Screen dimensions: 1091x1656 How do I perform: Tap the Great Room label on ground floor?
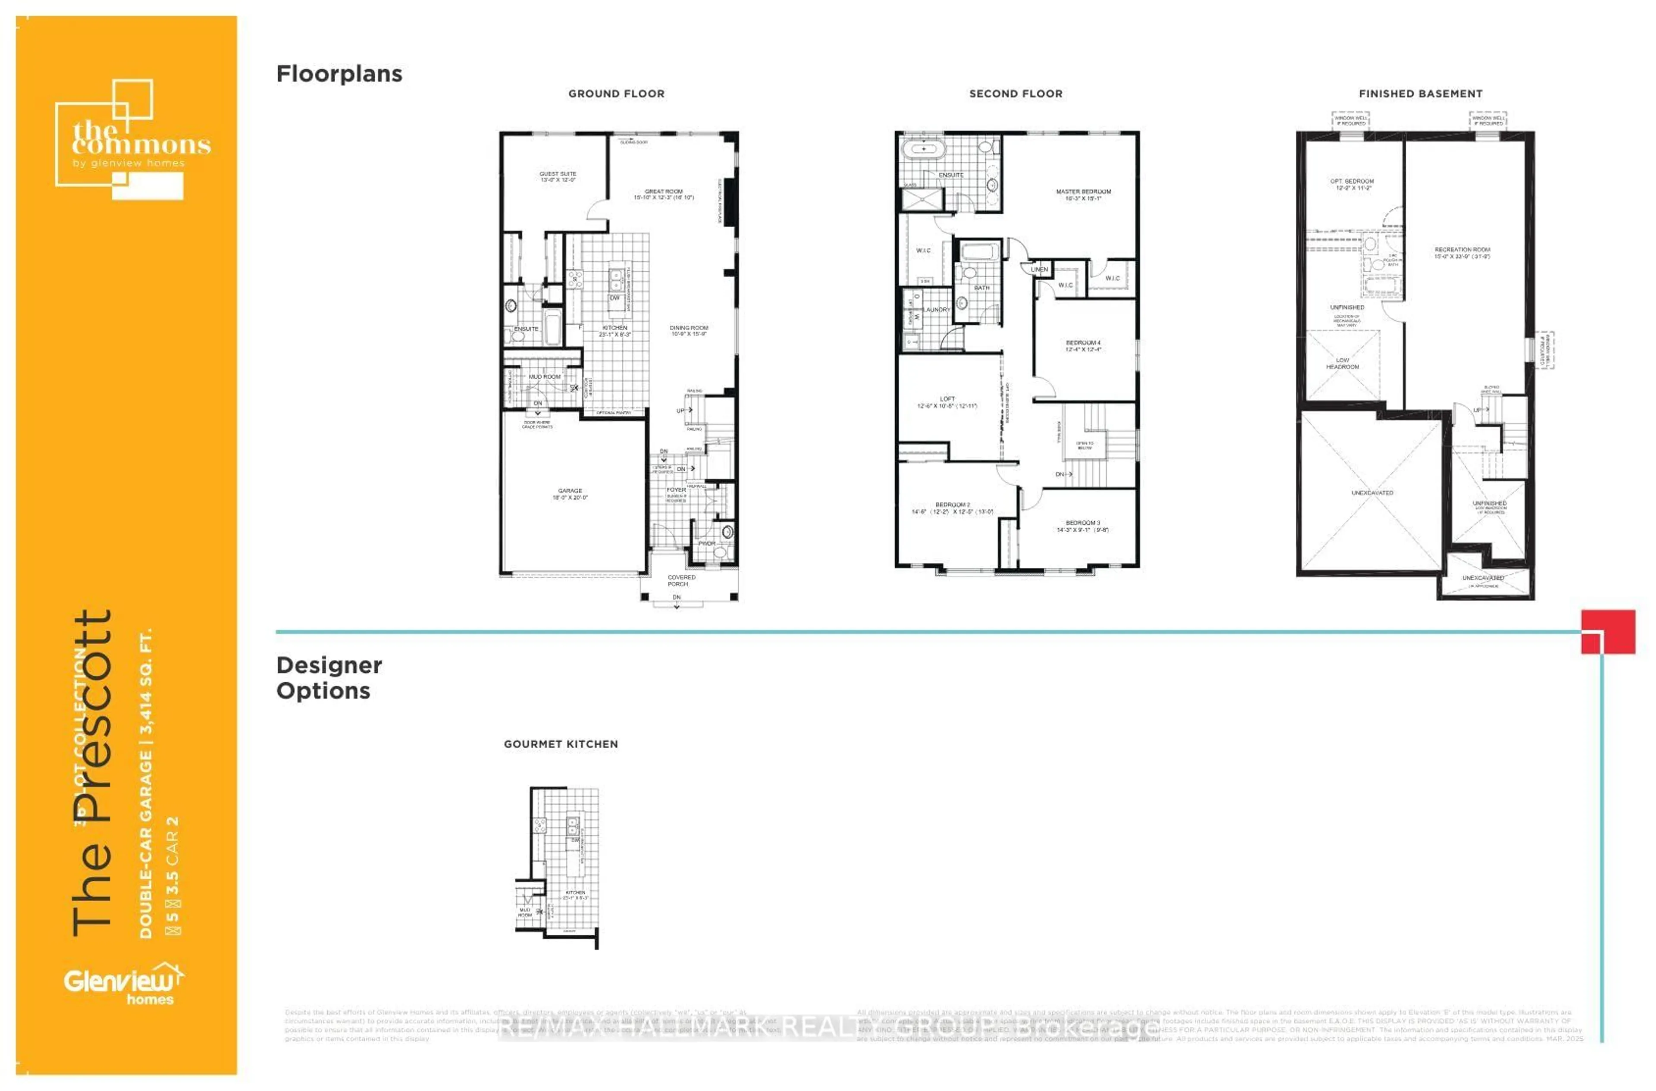tap(663, 194)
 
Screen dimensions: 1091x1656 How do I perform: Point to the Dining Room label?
tap(688, 330)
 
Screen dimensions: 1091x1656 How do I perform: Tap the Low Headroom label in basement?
tap(1342, 363)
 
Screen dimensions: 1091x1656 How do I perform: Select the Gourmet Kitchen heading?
tap(560, 744)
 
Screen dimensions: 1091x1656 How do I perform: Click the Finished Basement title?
tap(1420, 93)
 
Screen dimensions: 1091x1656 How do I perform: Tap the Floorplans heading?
tap(339, 74)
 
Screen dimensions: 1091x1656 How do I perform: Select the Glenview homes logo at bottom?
tap(124, 984)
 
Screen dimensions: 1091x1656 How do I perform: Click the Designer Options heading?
tap(329, 678)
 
